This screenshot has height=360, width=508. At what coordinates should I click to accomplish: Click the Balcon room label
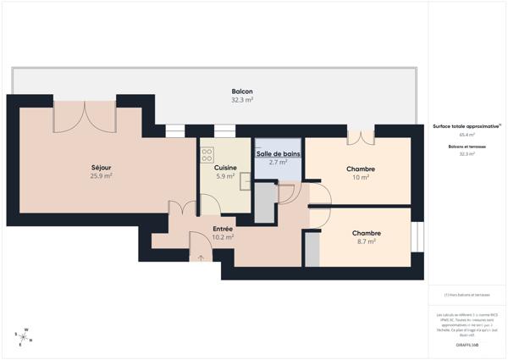(243, 91)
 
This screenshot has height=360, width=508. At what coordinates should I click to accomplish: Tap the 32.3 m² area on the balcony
(243, 100)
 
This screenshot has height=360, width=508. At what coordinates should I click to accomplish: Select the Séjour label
(102, 168)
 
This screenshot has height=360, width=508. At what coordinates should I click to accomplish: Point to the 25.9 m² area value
(102, 176)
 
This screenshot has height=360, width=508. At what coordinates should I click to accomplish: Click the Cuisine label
(224, 168)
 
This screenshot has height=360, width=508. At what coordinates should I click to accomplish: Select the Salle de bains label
(278, 153)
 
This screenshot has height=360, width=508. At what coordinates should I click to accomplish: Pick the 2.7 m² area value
(278, 162)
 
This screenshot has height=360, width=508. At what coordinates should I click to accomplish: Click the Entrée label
(223, 229)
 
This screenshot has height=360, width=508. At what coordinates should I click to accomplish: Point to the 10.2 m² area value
(223, 237)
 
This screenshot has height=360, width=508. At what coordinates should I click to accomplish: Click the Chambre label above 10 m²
(361, 169)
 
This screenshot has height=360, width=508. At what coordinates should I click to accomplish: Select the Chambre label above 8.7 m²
(366, 233)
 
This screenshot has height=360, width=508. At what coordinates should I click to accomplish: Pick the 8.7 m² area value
(366, 241)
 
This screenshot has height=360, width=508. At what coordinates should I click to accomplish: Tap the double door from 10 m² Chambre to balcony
(361, 136)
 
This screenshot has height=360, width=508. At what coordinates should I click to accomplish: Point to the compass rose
(24, 336)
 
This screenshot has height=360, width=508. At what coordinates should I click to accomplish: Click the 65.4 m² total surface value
(467, 135)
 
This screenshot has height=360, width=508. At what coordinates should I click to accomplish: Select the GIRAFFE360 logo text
(467, 345)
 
